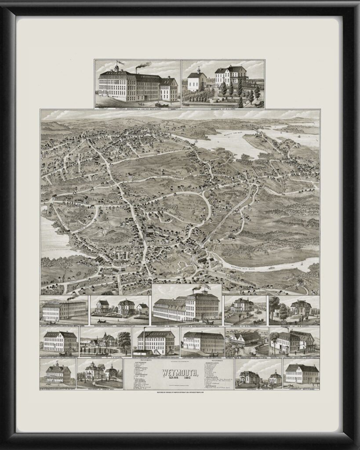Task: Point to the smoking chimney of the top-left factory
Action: [x=137, y=70]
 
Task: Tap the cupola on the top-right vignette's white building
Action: [x=199, y=70]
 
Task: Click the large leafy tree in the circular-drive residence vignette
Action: [x=124, y=339]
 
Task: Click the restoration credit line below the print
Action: [x=180, y=392]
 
